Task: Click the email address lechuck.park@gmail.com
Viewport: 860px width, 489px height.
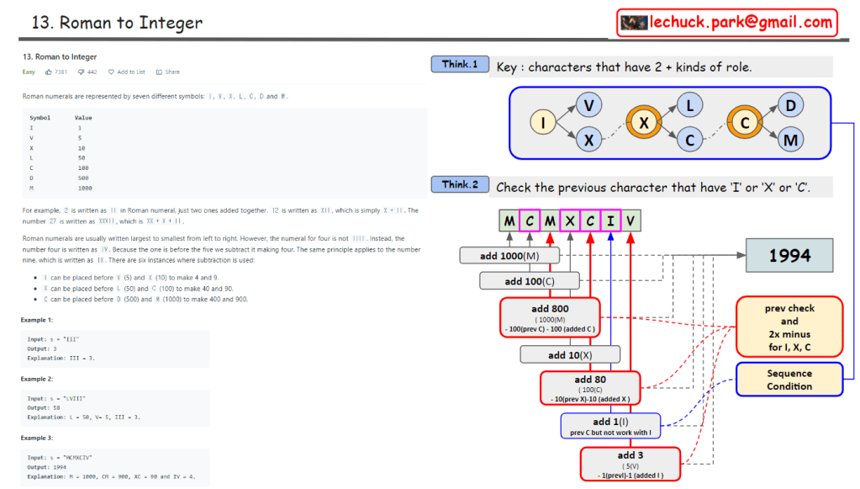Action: pyautogui.click(x=740, y=23)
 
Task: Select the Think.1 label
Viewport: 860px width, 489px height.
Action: pyautogui.click(x=460, y=65)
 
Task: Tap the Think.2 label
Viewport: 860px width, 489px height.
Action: pyautogui.click(x=460, y=185)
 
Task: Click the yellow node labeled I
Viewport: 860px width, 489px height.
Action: pyautogui.click(x=543, y=123)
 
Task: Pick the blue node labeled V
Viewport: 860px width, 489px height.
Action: pyautogui.click(x=589, y=106)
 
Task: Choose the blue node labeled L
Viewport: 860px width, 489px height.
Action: pyautogui.click(x=690, y=106)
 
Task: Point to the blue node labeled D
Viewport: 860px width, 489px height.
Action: pyautogui.click(x=790, y=106)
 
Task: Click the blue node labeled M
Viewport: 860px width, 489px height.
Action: pyautogui.click(x=790, y=141)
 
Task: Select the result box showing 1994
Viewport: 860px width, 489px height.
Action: pyautogui.click(x=789, y=255)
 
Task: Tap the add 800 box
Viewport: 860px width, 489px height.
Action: pyautogui.click(x=550, y=316)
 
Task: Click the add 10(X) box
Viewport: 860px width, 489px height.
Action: pyautogui.click(x=570, y=354)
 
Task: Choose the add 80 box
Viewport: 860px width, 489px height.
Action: pyautogui.click(x=589, y=387)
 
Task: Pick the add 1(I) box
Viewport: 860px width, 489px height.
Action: pyautogui.click(x=611, y=426)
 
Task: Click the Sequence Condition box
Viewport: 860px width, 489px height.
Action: pyautogui.click(x=789, y=380)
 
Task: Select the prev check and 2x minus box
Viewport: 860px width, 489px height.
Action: pyautogui.click(x=789, y=327)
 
